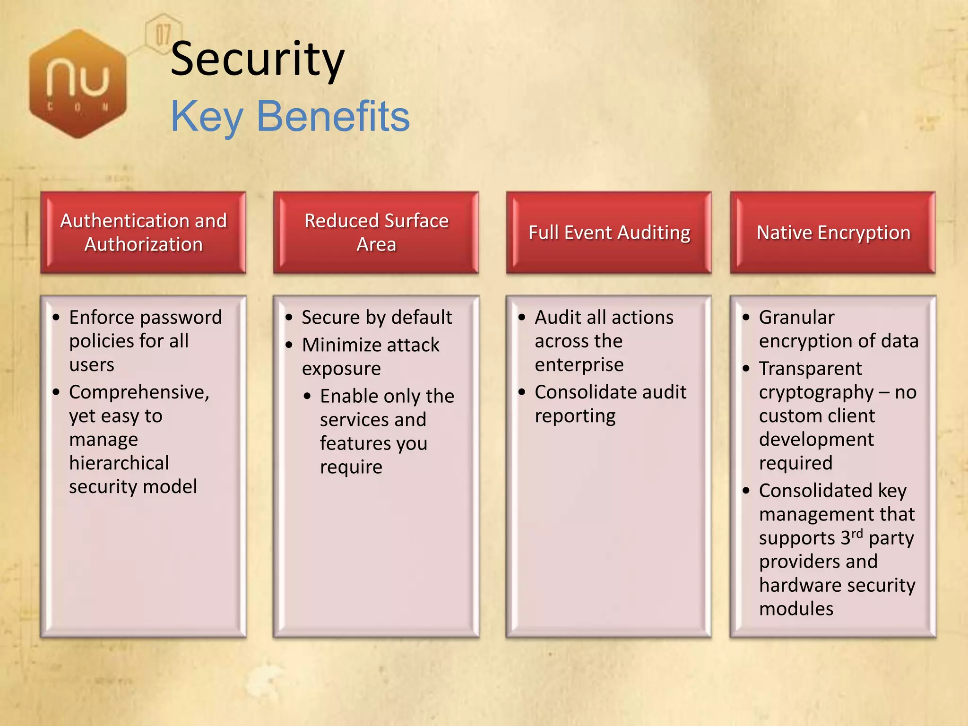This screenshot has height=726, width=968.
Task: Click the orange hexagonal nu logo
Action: click(x=78, y=84)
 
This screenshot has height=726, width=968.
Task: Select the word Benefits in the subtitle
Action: click(x=333, y=116)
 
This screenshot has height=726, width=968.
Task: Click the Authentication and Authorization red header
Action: click(x=143, y=233)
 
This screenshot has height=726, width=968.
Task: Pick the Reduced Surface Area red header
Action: click(x=376, y=233)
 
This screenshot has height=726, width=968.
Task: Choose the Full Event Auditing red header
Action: click(x=609, y=233)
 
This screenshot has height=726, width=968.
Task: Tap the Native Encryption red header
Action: click(x=833, y=233)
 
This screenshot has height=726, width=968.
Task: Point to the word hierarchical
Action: click(x=119, y=463)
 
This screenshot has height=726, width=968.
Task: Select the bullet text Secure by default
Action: click(x=377, y=317)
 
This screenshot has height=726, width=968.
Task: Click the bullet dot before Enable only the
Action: click(x=308, y=396)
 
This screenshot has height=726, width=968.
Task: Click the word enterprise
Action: click(x=579, y=365)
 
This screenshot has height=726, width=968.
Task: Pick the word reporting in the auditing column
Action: click(x=575, y=416)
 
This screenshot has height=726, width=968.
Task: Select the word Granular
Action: click(x=796, y=317)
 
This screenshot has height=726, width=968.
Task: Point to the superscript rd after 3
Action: click(x=857, y=533)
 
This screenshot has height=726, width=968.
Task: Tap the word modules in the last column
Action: click(x=796, y=609)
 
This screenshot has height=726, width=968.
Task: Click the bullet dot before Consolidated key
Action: click(x=746, y=491)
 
